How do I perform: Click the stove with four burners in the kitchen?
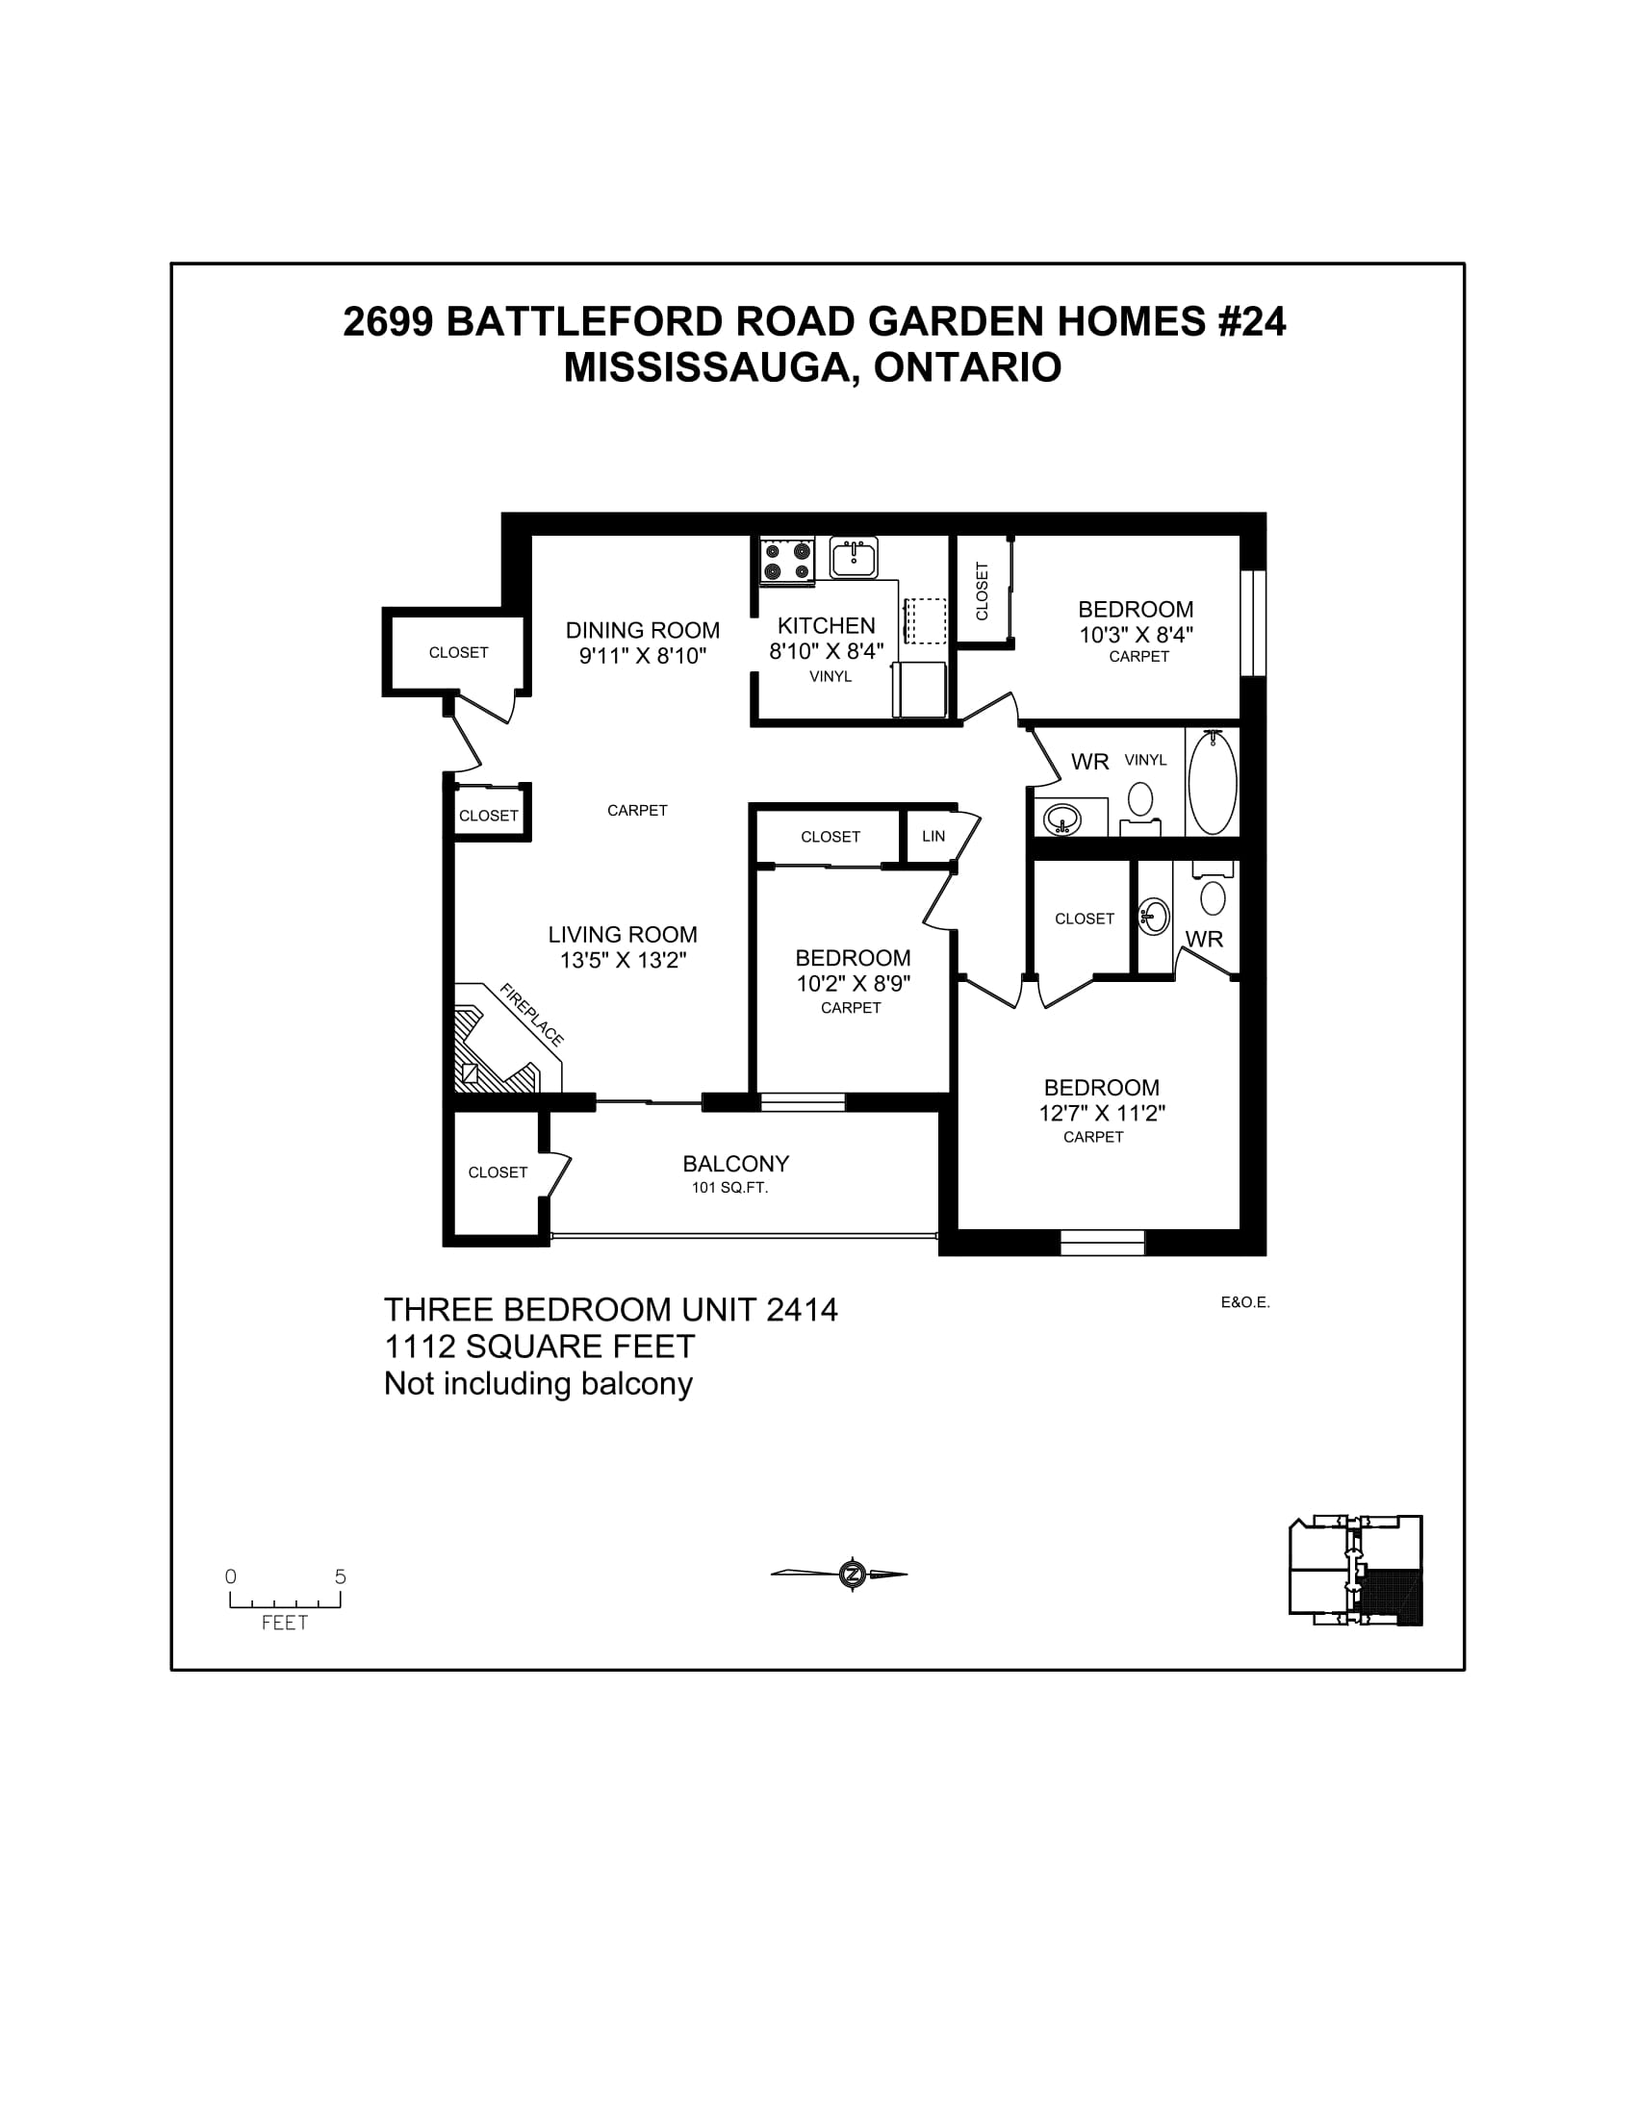click(x=786, y=561)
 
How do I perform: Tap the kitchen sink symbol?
click(x=854, y=558)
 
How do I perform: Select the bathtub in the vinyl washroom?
click(x=1212, y=783)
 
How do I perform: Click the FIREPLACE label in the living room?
click(x=531, y=1015)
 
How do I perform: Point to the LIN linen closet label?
click(x=933, y=836)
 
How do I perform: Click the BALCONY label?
click(x=735, y=1164)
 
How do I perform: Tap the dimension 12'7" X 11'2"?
click(x=1101, y=1113)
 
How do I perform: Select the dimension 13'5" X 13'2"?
click(x=623, y=960)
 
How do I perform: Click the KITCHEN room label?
click(x=826, y=626)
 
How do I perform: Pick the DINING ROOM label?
click(x=643, y=631)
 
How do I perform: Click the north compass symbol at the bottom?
click(x=852, y=1574)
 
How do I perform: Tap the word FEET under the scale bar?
click(x=285, y=1623)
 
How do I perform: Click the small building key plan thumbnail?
click(x=1355, y=1571)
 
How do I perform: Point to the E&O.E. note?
click(x=1244, y=1303)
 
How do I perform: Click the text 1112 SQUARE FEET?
click(x=539, y=1347)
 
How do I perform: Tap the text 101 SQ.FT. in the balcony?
click(x=729, y=1188)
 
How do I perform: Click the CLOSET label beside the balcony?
click(x=498, y=1172)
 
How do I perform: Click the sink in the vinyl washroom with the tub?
click(x=1062, y=819)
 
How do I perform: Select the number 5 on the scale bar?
click(x=340, y=1576)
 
